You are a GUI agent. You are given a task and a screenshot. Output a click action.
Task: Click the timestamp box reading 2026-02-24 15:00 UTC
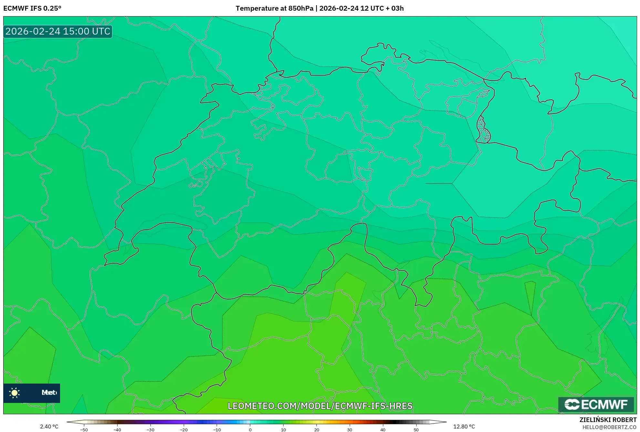tap(58, 31)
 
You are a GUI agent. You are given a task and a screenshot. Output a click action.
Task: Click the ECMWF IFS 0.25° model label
tap(32, 8)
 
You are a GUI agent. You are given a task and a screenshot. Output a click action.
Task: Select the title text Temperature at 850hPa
tap(274, 8)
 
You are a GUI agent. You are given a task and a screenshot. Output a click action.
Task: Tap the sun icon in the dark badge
tap(15, 393)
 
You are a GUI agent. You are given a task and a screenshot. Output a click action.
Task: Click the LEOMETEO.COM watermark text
tap(320, 406)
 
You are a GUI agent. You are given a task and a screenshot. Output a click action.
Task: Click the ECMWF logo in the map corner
tap(596, 404)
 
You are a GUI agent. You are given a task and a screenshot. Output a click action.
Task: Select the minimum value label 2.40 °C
tap(49, 427)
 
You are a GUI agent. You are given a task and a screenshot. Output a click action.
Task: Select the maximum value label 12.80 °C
tap(464, 427)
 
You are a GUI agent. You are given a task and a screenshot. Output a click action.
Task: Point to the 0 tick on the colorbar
tap(250, 430)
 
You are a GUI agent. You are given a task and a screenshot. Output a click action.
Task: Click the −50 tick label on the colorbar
tap(84, 430)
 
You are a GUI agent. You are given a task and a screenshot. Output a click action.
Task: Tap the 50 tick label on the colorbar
tap(416, 430)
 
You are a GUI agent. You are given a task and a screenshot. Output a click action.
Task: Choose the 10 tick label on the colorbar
tap(283, 430)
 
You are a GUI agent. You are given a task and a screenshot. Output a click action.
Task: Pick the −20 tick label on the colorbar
tap(183, 430)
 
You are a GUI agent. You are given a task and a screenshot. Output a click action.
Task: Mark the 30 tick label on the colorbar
tap(350, 430)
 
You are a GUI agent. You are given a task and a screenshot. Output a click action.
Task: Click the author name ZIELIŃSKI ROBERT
tap(608, 420)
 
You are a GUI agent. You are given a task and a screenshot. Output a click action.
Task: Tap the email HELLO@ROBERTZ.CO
tap(609, 427)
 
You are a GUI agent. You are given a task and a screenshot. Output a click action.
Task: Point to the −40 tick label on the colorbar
tap(117, 430)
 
